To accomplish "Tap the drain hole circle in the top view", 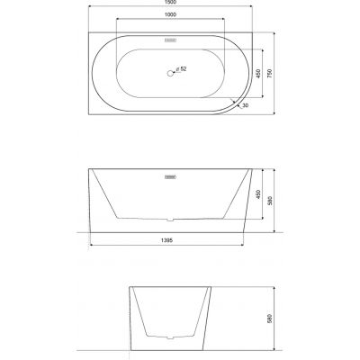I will pos(169,70).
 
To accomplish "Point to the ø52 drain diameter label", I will pos(183,69).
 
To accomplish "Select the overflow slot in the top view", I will pos(169,41).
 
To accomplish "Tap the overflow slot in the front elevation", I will pos(169,178).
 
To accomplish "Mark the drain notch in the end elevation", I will pos(169,336).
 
